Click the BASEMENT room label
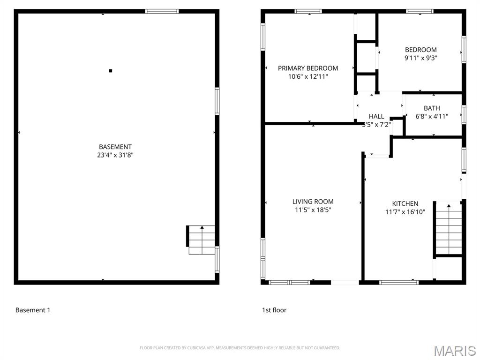point(115,147)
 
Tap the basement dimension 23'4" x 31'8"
point(115,155)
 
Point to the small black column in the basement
point(111,71)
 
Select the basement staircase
point(202,240)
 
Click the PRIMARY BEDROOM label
point(307,68)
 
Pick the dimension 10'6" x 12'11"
point(307,76)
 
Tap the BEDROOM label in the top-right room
point(420,50)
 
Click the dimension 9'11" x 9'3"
point(420,58)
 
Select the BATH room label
point(432,108)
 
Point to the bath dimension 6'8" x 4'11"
point(432,116)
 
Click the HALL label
point(376,116)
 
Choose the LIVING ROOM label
point(313,202)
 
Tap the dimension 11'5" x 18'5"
point(313,210)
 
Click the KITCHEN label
point(405,203)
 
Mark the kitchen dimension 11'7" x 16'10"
point(405,212)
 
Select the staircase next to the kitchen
point(449,228)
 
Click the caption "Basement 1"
point(32,310)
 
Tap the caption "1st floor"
point(274,310)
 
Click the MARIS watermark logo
point(454,351)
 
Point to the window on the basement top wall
point(162,11)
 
